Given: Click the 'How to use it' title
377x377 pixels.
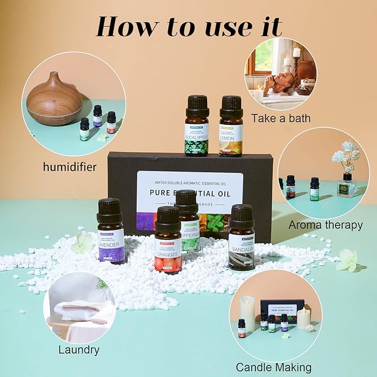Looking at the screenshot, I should click(x=188, y=26).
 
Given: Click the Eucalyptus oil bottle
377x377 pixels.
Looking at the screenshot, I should click(x=197, y=127).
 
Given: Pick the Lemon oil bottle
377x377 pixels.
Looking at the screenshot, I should click(x=231, y=127).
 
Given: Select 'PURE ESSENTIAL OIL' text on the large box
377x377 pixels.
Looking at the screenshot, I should click(x=189, y=193).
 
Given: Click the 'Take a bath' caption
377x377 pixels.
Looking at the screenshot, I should click(x=280, y=118).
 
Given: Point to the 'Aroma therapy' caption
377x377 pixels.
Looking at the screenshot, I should click(x=325, y=225).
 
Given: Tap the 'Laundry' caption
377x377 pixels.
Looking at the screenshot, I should click(x=79, y=350).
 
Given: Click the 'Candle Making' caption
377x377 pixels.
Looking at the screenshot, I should click(x=274, y=367).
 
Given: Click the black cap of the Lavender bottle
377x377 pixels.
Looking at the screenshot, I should click(x=109, y=210).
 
